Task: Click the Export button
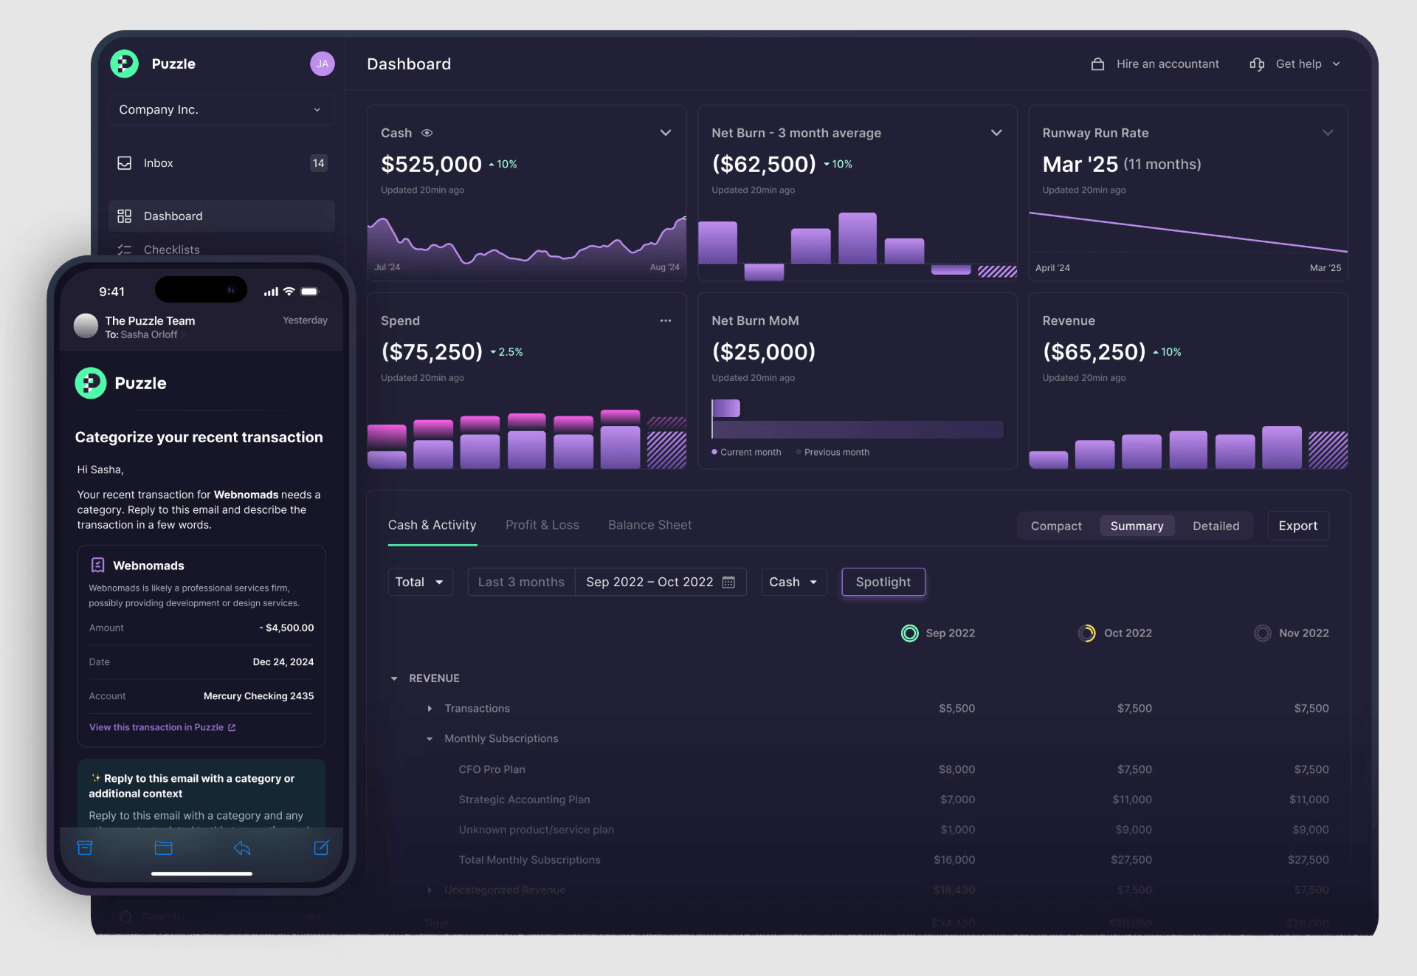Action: point(1297,526)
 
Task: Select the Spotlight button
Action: point(883,582)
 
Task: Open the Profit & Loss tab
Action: point(542,525)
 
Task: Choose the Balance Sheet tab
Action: point(649,525)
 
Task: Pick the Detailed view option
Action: point(1216,526)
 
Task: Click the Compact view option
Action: point(1056,526)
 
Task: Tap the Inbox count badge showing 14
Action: point(318,163)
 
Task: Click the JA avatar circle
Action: point(322,64)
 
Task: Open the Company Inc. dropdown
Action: point(221,110)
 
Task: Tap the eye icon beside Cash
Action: point(427,133)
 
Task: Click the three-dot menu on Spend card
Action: point(666,320)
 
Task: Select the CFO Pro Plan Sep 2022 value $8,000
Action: point(956,769)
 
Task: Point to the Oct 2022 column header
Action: point(1127,633)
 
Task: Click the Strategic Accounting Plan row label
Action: point(524,800)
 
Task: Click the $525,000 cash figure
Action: point(431,164)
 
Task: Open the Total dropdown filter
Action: point(419,582)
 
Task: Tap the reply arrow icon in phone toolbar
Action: point(242,848)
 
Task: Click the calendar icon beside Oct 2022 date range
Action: point(728,582)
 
